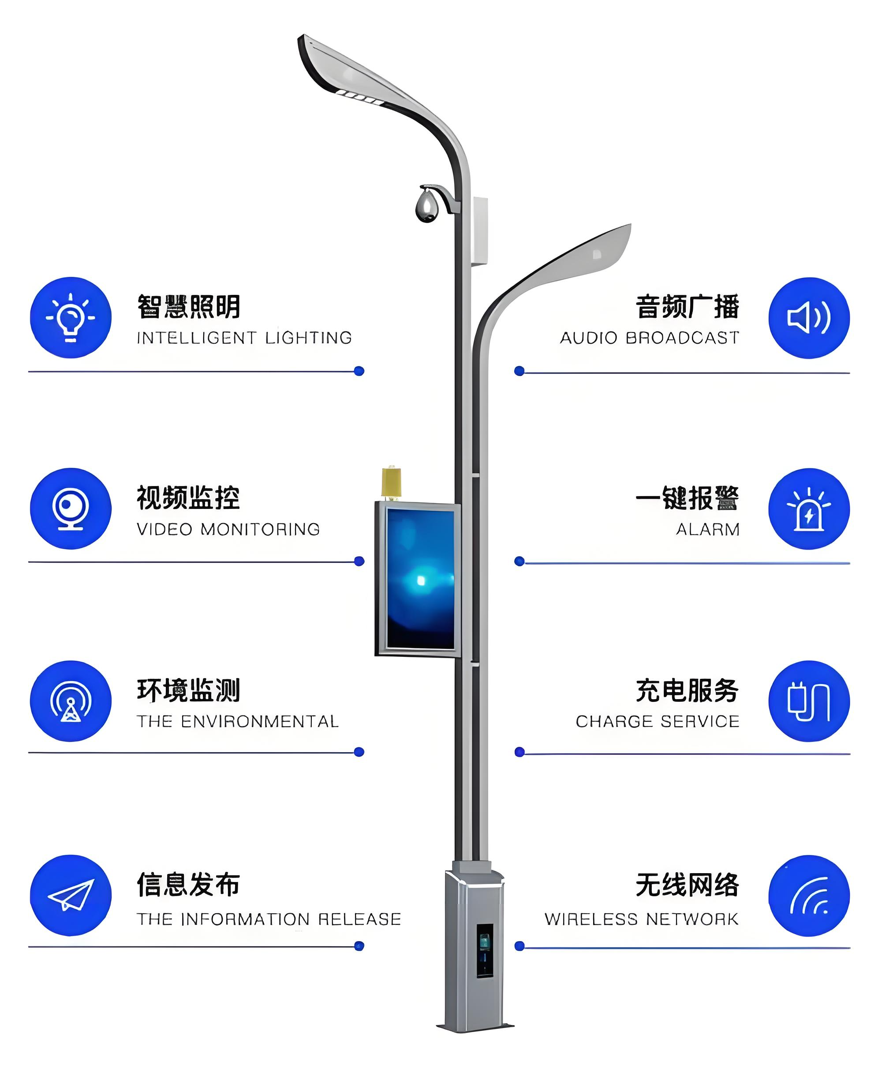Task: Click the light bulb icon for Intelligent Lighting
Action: [x=71, y=318]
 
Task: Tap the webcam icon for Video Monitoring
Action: [x=71, y=509]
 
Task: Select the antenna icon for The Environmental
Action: [x=71, y=701]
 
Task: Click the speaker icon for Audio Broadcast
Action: [x=809, y=318]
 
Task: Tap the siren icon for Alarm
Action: [x=809, y=509]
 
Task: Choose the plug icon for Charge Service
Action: [x=809, y=701]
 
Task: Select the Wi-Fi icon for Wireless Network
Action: [x=809, y=896]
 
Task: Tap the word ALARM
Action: [x=707, y=529]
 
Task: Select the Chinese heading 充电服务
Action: [x=687, y=691]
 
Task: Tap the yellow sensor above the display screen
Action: [x=391, y=482]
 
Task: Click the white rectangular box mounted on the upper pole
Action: [x=480, y=231]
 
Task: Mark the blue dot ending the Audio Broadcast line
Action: [x=519, y=371]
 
